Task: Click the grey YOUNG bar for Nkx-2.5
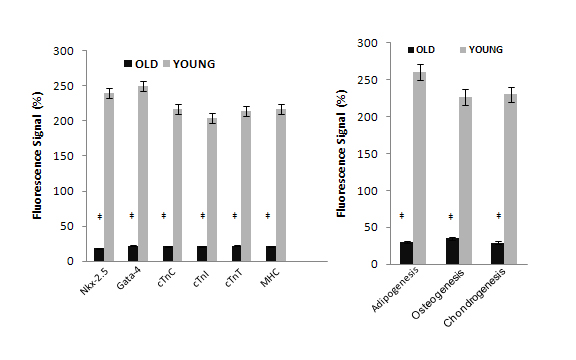coord(109,177)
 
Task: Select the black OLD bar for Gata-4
coord(133,253)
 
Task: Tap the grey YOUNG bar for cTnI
coord(212,190)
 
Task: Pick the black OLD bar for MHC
coord(271,254)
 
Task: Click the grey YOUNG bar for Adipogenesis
coord(420,168)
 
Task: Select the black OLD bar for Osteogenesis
coord(453,251)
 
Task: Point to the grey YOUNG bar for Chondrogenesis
coord(510,179)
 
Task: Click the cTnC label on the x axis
coord(166,278)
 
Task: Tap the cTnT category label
coord(234,278)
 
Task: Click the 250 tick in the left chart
coord(64,86)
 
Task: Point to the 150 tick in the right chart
coord(367,154)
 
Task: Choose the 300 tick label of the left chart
coord(64,51)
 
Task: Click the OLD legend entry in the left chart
coord(141,64)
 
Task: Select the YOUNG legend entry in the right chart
coord(481,50)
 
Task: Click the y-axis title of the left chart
coord(38,155)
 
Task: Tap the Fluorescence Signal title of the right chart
coord(342,153)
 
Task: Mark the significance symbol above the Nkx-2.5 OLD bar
coord(100,216)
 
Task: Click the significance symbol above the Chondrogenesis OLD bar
coord(498,216)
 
